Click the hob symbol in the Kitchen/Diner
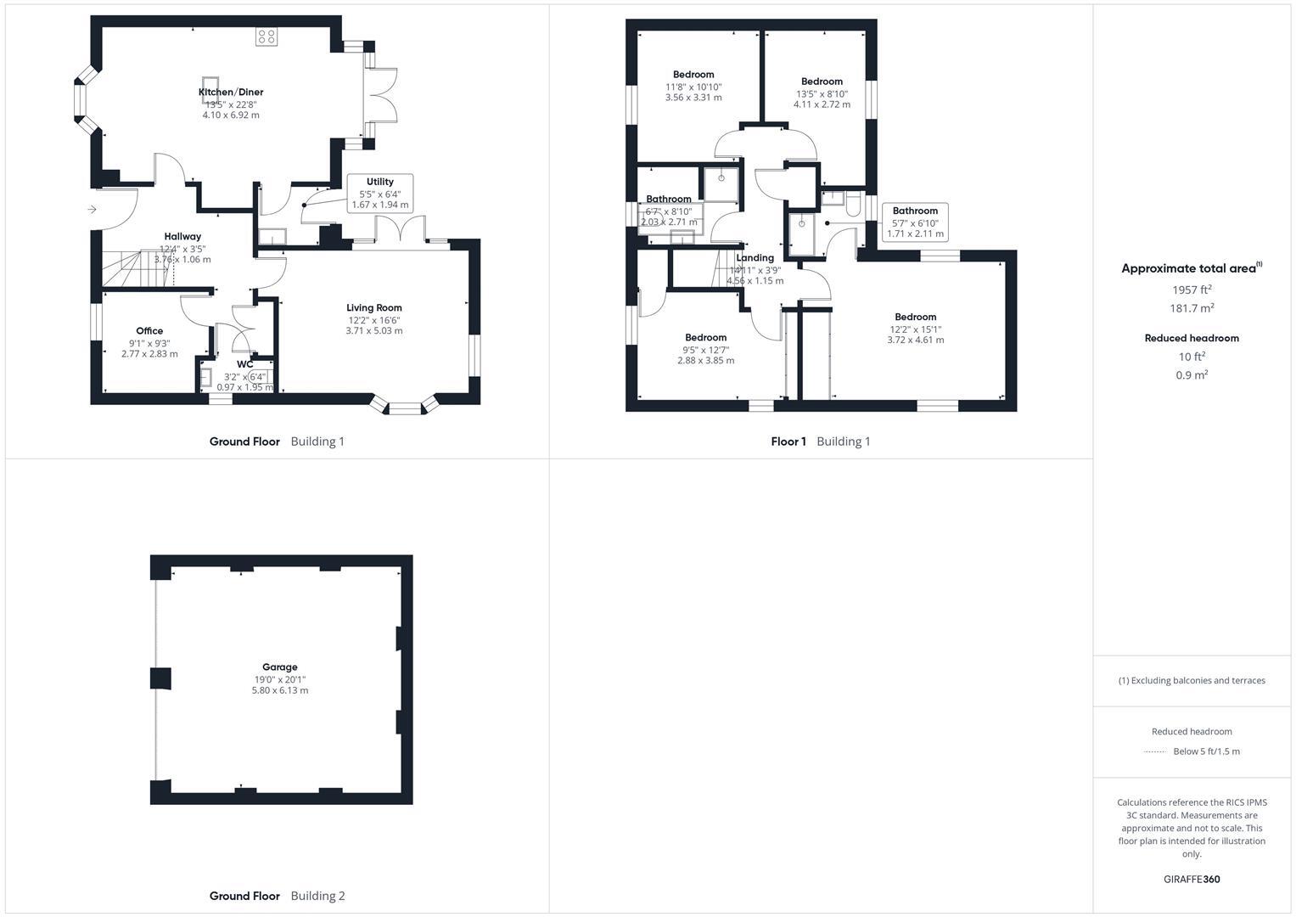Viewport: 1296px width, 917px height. [x=266, y=37]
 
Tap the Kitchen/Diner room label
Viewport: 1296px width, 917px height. [x=231, y=92]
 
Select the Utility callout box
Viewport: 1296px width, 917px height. [x=380, y=193]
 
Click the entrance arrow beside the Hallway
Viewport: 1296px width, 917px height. [x=92, y=210]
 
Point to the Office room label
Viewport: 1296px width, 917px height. [x=149, y=331]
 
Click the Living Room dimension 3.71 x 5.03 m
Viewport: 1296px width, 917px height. [x=374, y=330]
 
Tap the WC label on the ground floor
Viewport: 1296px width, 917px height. [x=244, y=364]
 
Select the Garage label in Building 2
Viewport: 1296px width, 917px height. [x=279, y=667]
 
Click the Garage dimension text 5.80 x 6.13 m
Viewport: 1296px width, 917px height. [x=279, y=690]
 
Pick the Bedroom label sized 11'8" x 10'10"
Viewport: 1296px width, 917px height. [x=693, y=75]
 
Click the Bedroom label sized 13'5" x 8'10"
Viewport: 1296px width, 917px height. [x=822, y=82]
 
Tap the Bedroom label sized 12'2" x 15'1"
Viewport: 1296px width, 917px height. [x=915, y=317]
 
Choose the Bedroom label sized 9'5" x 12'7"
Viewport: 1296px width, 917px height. [x=705, y=337]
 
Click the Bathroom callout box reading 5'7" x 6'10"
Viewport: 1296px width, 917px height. [x=915, y=222]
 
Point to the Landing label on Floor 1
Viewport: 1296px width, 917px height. [x=755, y=258]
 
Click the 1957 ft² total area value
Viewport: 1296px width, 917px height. [x=1192, y=290]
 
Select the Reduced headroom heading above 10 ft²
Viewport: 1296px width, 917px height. [x=1192, y=338]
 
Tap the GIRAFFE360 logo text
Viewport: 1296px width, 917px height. [x=1192, y=879]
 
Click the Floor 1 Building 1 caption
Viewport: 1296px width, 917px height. [x=820, y=442]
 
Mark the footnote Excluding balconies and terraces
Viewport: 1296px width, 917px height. [x=1192, y=680]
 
